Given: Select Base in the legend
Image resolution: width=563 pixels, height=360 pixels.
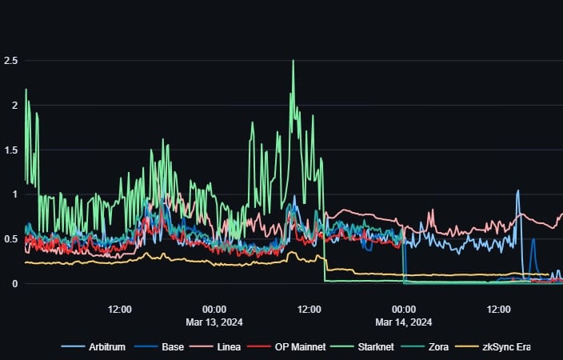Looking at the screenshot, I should tap(166, 346).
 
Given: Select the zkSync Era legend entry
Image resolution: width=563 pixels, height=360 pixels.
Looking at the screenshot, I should tap(501, 346).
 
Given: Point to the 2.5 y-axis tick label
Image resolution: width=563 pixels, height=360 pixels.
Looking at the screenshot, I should tap(11, 61).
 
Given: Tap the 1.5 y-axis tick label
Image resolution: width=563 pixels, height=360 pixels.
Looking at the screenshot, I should tap(11, 150).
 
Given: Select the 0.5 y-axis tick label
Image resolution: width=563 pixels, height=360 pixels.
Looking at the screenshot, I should tap(11, 239).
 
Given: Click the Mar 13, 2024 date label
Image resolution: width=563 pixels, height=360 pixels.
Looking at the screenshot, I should tap(214, 322).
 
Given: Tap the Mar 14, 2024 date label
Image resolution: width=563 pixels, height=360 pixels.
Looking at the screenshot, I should tap(404, 322).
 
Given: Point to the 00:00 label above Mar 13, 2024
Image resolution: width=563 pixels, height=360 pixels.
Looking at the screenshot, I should tap(214, 309).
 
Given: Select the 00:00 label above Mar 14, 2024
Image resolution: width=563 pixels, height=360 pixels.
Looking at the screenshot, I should tap(404, 309).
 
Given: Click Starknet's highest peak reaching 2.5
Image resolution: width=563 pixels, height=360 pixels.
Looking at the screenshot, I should tap(293, 62).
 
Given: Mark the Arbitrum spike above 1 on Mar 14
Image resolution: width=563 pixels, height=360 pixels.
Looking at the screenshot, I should tap(518, 192).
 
